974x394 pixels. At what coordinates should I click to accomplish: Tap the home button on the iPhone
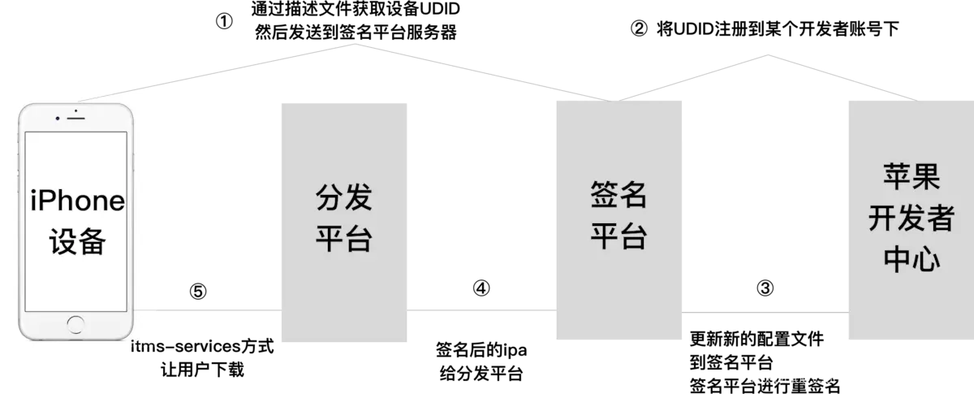point(77,327)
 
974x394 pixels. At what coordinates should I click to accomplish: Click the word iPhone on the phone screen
point(77,201)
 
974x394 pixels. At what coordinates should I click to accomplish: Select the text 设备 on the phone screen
point(77,241)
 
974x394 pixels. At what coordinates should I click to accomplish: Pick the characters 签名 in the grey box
point(618,196)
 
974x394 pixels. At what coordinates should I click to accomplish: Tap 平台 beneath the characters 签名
point(618,237)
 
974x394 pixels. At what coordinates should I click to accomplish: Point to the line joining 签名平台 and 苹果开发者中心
point(765,312)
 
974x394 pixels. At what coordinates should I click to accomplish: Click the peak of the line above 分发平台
point(355,43)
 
